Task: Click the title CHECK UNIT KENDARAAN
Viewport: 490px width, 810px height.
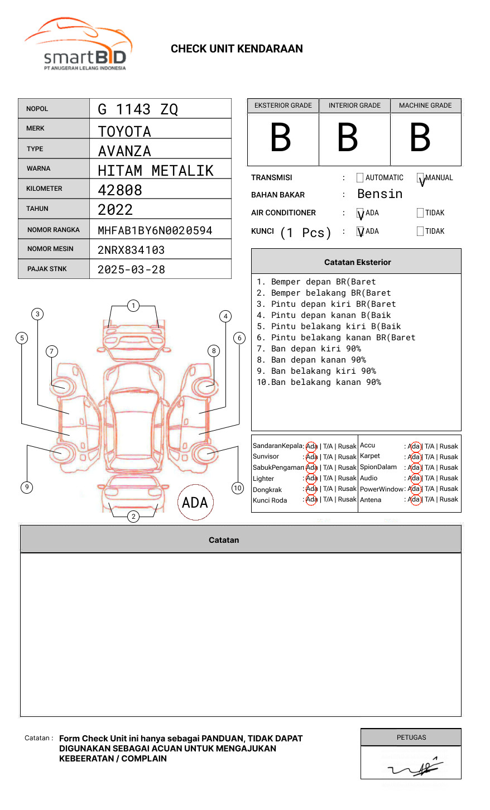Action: (237, 49)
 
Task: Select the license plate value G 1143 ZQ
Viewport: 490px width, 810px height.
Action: (138, 109)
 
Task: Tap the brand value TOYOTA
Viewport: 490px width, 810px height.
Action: (124, 132)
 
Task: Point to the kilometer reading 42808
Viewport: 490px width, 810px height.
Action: (120, 190)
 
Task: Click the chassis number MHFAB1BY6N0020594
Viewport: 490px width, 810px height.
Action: (155, 230)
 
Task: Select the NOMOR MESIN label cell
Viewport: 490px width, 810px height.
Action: (54, 249)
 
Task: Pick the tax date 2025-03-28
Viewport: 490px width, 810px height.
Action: (131, 269)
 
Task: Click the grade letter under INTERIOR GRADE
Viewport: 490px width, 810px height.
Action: (348, 138)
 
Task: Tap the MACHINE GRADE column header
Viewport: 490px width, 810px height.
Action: (425, 105)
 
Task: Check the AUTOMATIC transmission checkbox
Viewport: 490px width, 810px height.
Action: (360, 178)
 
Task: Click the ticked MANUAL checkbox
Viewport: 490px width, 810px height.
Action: (420, 179)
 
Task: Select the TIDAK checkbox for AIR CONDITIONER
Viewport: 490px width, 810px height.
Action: (420, 213)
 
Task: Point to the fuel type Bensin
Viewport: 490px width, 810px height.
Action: (379, 194)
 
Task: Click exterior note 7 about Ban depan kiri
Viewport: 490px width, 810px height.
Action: (309, 349)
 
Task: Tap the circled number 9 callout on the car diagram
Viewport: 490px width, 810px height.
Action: (27, 487)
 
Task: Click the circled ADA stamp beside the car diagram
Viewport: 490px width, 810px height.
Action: (195, 502)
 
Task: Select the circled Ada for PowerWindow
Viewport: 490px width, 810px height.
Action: (414, 489)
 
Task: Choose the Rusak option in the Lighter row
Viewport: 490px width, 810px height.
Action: (347, 478)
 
